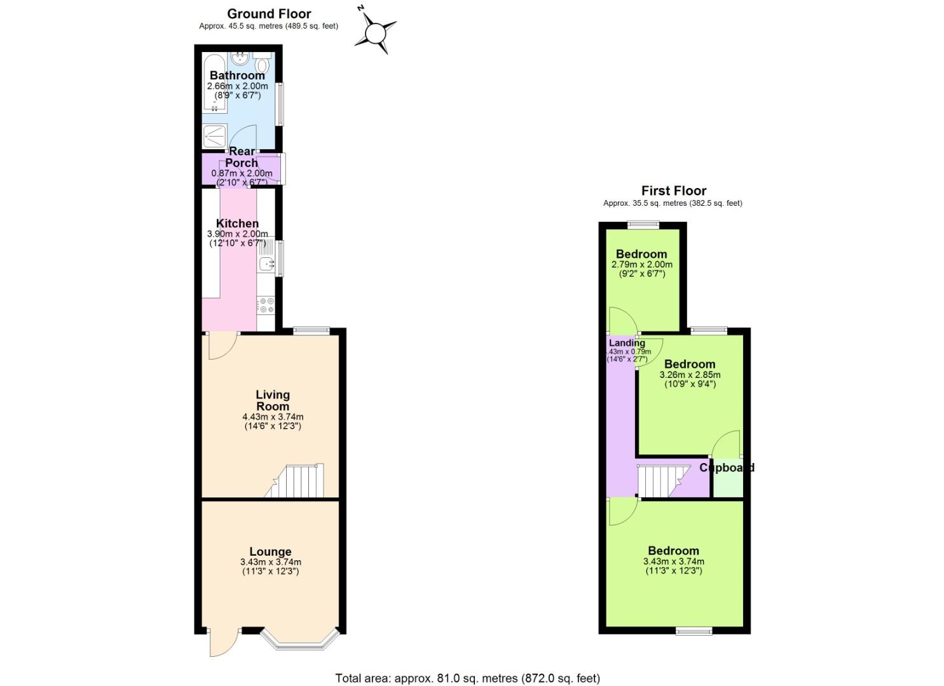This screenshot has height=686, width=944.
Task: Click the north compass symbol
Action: (x=375, y=30)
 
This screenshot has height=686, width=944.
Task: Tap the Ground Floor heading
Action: (x=269, y=13)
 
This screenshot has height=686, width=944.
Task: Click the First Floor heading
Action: (x=673, y=191)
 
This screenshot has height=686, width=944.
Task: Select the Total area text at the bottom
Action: (x=467, y=678)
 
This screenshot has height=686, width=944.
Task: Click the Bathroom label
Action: (x=237, y=76)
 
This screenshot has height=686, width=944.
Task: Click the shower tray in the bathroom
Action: (x=214, y=136)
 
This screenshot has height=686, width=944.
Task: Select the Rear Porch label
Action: (x=242, y=157)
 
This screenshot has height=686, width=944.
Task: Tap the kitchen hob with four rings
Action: (x=265, y=305)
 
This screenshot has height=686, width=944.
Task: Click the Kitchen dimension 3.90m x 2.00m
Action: (x=237, y=234)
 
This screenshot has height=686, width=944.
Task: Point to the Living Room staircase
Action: (x=297, y=481)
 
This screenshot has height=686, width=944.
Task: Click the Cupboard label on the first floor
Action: (x=727, y=467)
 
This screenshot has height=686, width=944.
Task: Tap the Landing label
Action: (x=627, y=343)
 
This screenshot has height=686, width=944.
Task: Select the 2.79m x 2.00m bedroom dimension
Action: (x=641, y=264)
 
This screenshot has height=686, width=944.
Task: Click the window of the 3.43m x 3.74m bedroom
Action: (x=694, y=631)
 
